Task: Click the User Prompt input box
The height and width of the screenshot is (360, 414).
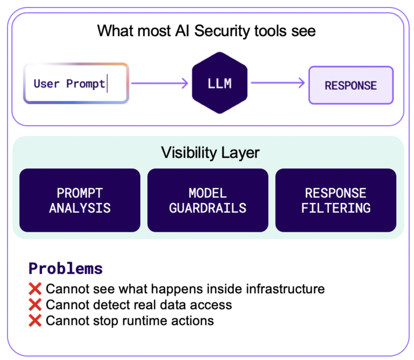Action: point(76,84)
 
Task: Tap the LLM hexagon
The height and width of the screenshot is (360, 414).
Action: point(219,83)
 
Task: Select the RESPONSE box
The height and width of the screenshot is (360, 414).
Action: point(351,85)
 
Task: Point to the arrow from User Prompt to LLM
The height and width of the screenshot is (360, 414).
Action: point(159,84)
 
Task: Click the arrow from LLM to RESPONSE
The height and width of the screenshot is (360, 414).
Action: point(278,83)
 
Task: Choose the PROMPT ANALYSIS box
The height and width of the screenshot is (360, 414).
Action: point(80,200)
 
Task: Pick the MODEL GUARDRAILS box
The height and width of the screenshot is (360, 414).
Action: point(208,200)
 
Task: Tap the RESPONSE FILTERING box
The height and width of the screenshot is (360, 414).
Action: point(336,200)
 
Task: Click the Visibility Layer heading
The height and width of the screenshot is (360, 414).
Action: point(210,152)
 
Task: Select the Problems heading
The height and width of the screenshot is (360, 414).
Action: point(66,269)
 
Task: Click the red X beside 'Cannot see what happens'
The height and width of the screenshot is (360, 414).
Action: point(35,289)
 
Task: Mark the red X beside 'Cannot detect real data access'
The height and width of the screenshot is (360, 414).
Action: point(35,305)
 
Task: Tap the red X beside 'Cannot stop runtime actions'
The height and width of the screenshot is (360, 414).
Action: point(35,321)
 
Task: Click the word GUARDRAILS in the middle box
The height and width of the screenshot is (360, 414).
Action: point(208,208)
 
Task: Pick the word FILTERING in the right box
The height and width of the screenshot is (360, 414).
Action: point(336,208)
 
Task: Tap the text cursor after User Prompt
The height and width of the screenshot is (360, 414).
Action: point(108,84)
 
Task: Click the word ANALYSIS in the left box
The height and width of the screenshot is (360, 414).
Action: point(80,208)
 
